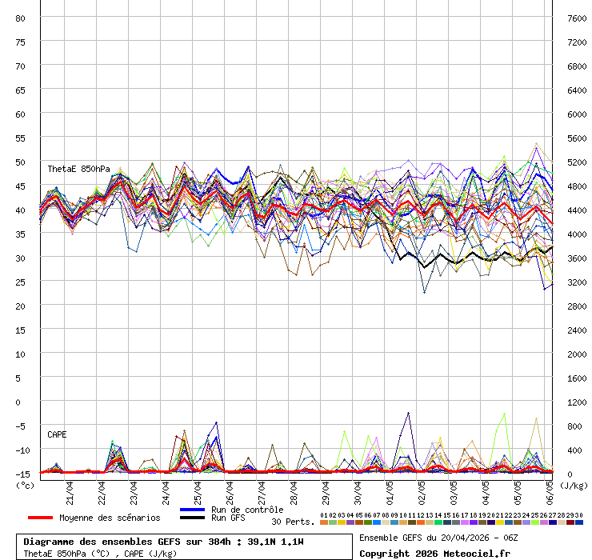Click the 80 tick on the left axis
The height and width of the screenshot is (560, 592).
pos(21,18)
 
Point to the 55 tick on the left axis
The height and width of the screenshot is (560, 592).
pos(21,138)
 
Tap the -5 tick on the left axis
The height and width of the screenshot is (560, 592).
pos(21,426)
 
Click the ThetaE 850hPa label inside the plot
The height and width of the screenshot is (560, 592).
pos(78,170)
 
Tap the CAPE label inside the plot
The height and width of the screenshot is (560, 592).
pos(57,434)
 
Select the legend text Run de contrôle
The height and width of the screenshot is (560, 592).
pos(247,510)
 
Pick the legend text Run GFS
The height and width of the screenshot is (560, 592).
pos(229,518)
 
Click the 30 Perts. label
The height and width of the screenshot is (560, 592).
pos(293,522)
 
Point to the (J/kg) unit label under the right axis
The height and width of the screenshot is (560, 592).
pos(573,485)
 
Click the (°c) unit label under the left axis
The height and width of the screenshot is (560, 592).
pos(26,485)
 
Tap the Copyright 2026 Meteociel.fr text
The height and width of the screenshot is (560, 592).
pos(434,553)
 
